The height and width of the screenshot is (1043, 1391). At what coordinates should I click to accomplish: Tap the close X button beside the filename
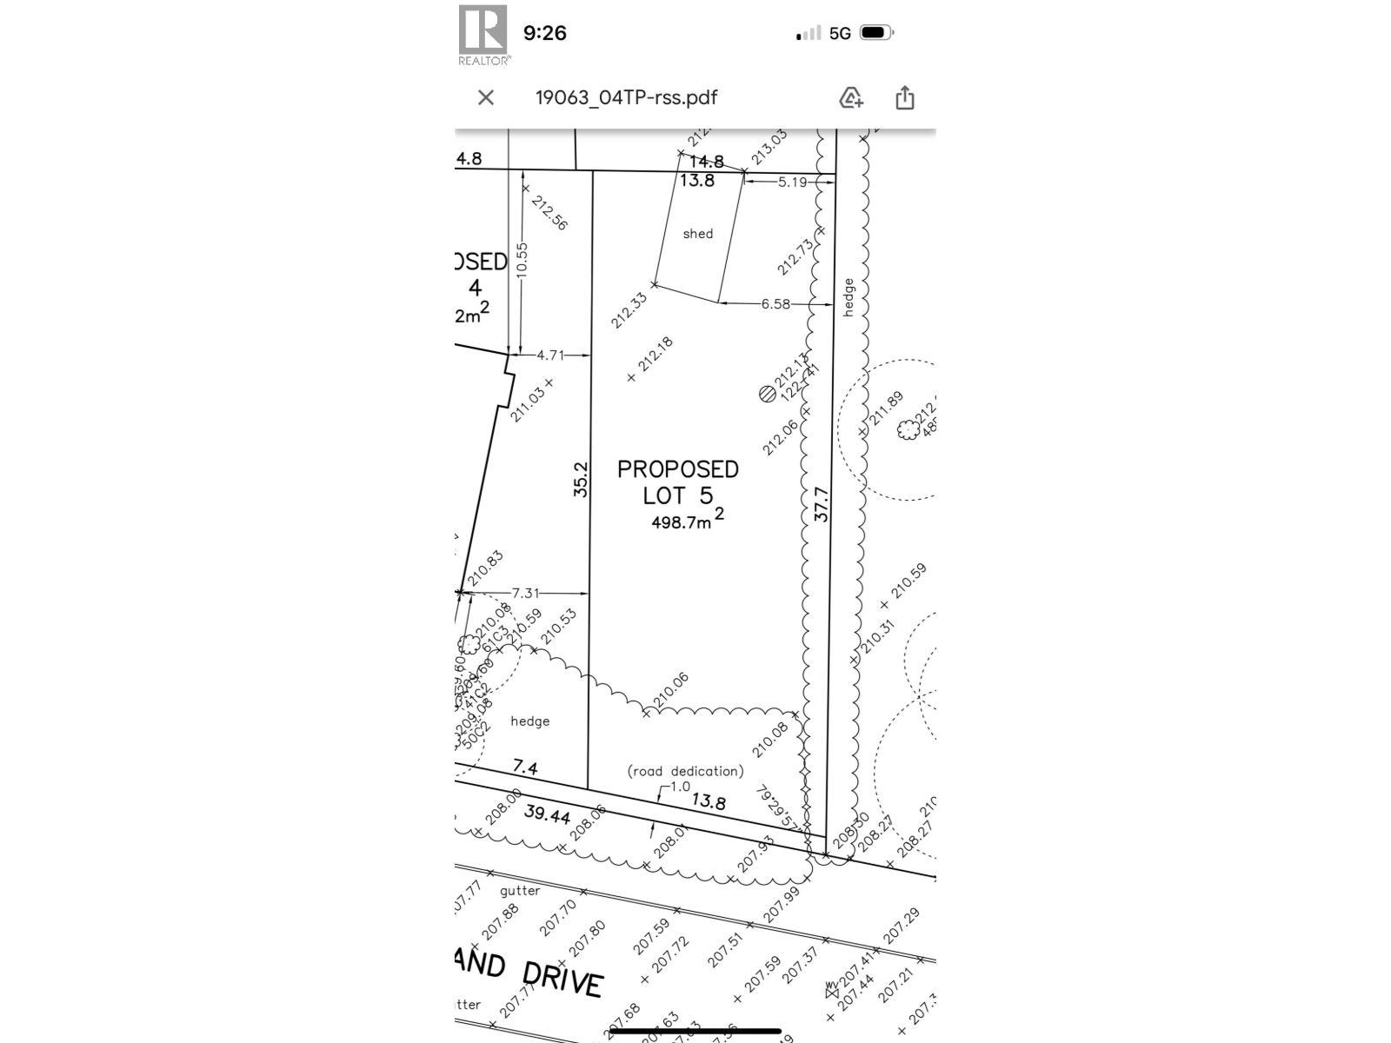click(x=486, y=97)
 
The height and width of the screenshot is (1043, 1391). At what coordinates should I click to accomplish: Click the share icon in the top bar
click(x=904, y=97)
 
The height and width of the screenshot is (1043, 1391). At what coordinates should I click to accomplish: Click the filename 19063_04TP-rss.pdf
click(x=626, y=97)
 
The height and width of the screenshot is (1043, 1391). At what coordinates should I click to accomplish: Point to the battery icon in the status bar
click(x=875, y=33)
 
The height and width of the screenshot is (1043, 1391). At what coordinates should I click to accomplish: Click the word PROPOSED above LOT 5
click(x=677, y=469)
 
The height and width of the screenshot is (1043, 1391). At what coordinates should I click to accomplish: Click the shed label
click(x=697, y=234)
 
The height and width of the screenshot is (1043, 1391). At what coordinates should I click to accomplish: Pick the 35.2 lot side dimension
click(x=581, y=479)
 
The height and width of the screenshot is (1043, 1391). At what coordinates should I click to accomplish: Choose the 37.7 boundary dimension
click(x=822, y=504)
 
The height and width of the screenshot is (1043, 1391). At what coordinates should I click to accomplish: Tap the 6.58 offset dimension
click(x=775, y=304)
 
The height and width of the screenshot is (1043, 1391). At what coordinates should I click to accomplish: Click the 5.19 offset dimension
click(x=792, y=183)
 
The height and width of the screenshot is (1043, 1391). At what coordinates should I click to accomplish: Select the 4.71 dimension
click(x=549, y=355)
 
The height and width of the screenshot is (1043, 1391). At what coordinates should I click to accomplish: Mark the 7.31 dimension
click(x=525, y=593)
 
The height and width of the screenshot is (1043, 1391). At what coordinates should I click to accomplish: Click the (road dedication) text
click(x=685, y=771)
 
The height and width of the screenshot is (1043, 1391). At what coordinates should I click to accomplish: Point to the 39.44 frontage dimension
click(x=548, y=814)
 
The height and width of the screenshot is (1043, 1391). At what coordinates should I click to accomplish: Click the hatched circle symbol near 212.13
click(x=767, y=394)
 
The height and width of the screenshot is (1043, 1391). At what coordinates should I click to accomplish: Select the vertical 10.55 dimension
click(x=522, y=259)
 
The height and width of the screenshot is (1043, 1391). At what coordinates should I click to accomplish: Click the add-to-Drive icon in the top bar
click(x=850, y=97)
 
